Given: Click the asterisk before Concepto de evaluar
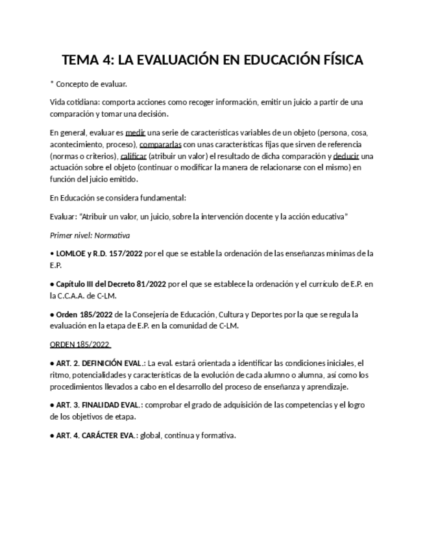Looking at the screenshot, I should pyautogui.click(x=51, y=84).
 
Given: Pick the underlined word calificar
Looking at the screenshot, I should pyautogui.click(x=133, y=156).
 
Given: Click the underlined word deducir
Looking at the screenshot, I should pyautogui.click(x=346, y=156).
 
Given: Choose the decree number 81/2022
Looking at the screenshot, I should pyautogui.click(x=149, y=283).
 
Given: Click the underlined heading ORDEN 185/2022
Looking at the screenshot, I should pyautogui.click(x=80, y=344).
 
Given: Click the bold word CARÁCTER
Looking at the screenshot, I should pyautogui.click(x=103, y=435).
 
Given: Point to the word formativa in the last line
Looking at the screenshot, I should pyautogui.click(x=218, y=435).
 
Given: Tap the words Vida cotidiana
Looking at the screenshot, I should pyautogui.click(x=74, y=102).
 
